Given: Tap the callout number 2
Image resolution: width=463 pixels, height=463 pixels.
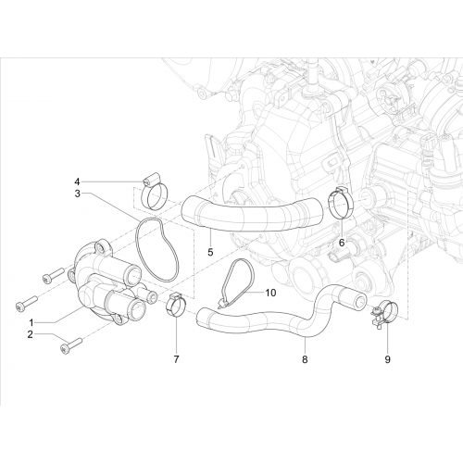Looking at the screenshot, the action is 30,334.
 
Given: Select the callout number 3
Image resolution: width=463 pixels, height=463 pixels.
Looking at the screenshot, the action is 77,194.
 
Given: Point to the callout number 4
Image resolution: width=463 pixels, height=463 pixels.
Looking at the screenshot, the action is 77,181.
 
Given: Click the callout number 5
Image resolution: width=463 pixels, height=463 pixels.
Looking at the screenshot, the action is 210,252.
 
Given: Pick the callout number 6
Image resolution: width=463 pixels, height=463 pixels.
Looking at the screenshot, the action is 342,243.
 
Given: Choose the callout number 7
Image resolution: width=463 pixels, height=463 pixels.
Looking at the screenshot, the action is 176,359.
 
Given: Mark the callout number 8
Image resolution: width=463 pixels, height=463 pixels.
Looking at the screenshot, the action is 305,359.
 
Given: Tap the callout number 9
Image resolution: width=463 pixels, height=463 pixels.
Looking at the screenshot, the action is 387,359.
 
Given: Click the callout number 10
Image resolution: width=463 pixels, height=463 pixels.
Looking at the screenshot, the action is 270,293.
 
